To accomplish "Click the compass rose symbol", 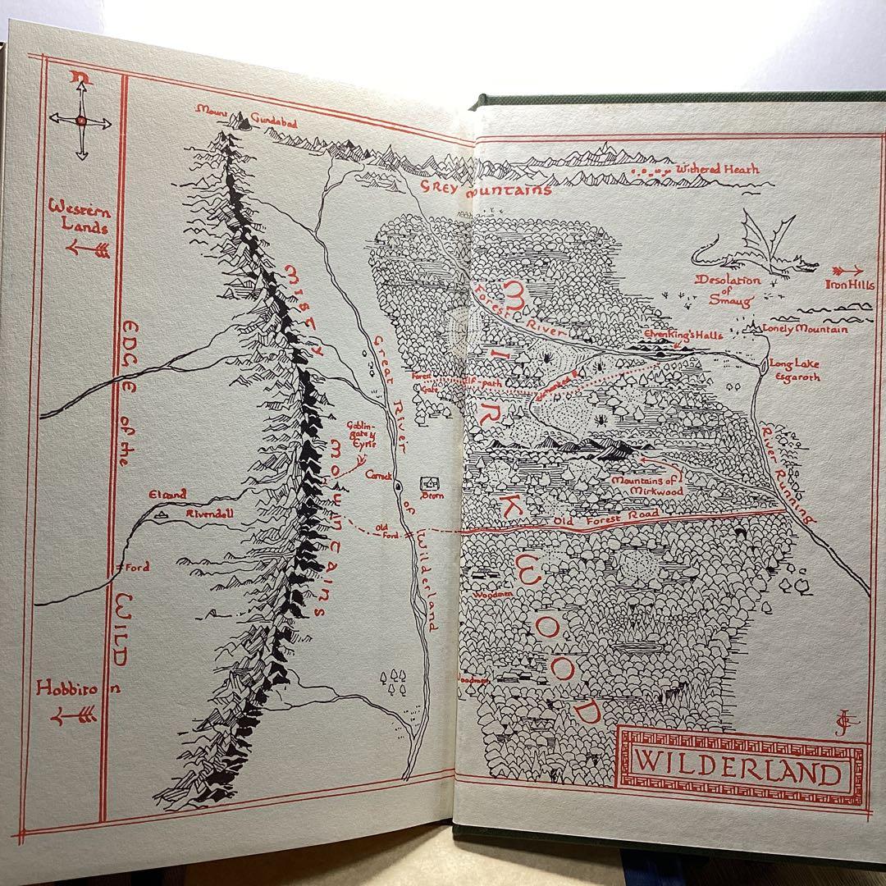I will click(x=80, y=121).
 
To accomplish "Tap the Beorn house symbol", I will click(x=427, y=484).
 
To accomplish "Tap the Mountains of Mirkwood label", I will click(x=646, y=485).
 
